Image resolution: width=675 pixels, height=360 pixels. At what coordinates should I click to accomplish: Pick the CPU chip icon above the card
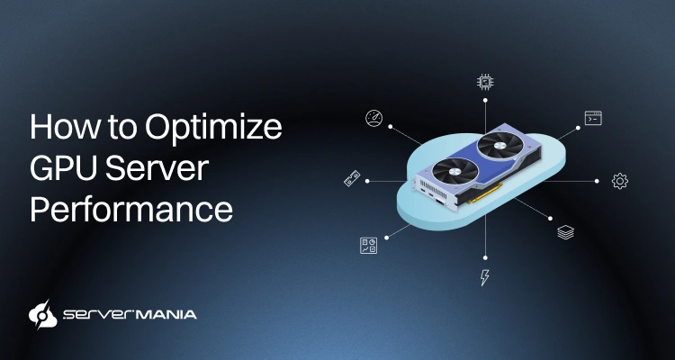(x=485, y=84)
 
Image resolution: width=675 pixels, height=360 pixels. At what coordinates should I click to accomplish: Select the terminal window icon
(x=593, y=118)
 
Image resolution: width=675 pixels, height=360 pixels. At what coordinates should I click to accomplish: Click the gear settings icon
(x=619, y=181)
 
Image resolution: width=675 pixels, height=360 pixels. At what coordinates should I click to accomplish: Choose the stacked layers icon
(x=565, y=232)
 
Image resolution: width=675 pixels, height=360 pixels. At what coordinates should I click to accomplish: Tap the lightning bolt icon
(x=485, y=277)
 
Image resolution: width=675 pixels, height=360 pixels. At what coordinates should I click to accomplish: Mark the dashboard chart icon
(x=368, y=245)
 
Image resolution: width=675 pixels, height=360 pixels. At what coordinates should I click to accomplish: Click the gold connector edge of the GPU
(x=487, y=195)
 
